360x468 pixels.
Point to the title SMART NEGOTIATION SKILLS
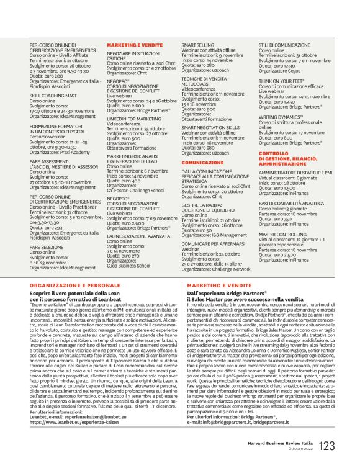[210, 127]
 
